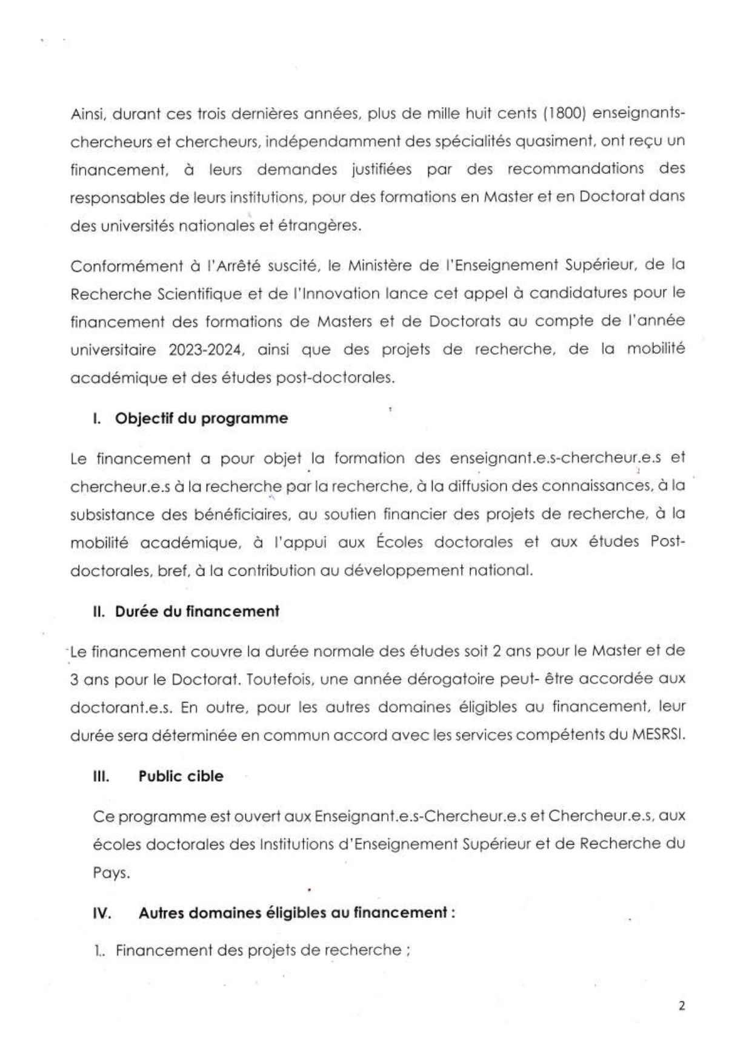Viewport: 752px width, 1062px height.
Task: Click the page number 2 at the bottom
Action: point(682,1006)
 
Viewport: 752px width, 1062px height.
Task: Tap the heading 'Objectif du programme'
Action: point(201,418)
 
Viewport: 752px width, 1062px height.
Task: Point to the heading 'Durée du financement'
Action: point(197,612)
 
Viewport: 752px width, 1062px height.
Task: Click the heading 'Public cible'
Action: point(181,776)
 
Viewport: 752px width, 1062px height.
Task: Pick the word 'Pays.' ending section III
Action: point(111,874)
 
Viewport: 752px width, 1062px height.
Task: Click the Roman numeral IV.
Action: point(102,913)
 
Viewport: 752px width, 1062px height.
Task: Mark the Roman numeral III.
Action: point(101,776)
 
